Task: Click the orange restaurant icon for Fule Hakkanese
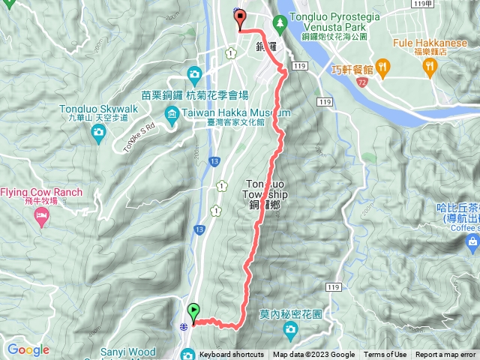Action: (430, 67)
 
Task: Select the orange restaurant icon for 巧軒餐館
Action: (382, 68)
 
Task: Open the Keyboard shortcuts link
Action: (232, 355)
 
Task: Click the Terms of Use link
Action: (385, 355)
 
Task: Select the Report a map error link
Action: (445, 355)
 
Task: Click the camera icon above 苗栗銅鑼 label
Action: (195, 73)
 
